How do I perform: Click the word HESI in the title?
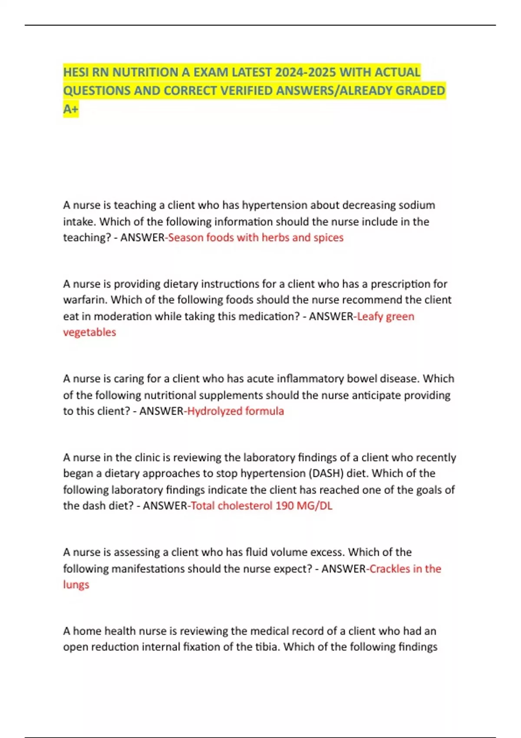[76, 72]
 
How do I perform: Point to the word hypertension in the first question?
[274, 205]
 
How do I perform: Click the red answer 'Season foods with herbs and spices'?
[256, 237]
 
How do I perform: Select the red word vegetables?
[89, 332]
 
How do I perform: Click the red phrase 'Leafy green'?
[386, 316]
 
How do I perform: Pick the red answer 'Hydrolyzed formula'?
[235, 411]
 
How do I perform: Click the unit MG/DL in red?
[314, 506]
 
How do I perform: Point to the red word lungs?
[76, 585]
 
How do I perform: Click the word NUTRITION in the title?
[145, 72]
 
